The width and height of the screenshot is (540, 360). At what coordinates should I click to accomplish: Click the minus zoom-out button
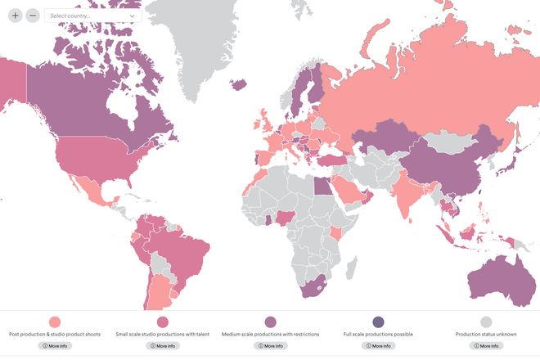point(33,16)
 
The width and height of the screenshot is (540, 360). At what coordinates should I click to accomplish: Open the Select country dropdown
point(92,16)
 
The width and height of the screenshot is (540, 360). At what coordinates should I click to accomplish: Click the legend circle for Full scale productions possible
point(378,322)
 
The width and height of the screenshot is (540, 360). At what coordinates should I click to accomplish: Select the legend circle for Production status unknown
point(486,322)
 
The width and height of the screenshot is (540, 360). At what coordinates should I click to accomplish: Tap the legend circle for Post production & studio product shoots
point(55,322)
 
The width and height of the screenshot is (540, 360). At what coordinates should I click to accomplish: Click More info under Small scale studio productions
point(163,346)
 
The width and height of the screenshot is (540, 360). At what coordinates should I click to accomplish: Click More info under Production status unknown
point(486,346)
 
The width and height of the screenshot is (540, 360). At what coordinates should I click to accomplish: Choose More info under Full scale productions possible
point(378,346)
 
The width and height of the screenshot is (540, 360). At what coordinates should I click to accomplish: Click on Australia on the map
point(500,274)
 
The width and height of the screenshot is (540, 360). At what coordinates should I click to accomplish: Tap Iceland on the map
point(240,83)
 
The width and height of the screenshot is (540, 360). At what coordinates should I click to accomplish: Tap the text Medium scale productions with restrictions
point(271,335)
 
